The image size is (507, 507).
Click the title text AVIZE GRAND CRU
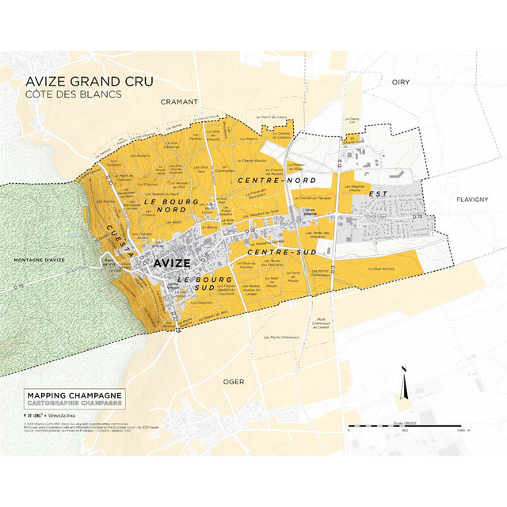(90, 82)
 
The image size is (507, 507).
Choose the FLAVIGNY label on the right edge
(472, 200)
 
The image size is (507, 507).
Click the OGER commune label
(234, 381)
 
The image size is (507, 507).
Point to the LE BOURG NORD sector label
(170, 206)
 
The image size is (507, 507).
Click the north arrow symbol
(405, 388)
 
